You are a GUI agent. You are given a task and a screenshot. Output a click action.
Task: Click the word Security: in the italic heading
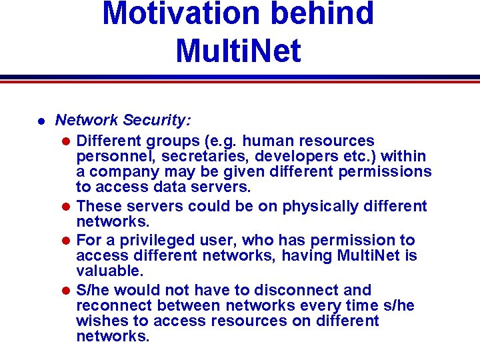tap(159, 121)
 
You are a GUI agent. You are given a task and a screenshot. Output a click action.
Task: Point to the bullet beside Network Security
tap(41, 122)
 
